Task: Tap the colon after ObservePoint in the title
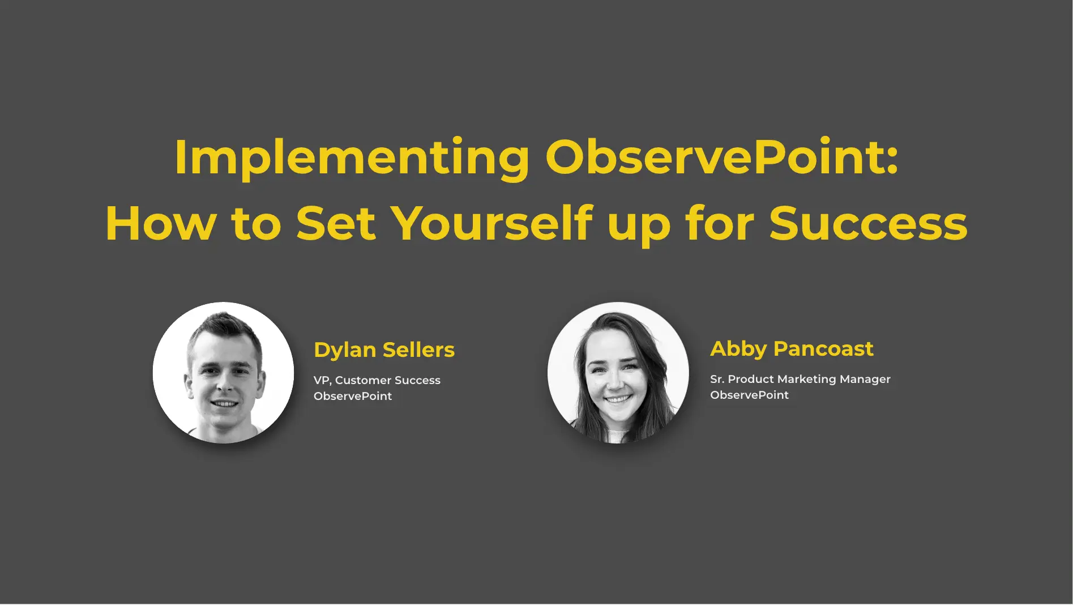click(892, 160)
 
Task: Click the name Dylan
click(345, 351)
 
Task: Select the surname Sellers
click(419, 350)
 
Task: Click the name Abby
click(738, 350)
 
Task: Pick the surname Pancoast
click(824, 349)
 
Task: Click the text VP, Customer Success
click(377, 380)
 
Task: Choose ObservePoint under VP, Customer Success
click(353, 396)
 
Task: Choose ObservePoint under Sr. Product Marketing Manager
click(750, 395)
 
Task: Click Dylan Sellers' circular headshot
click(224, 373)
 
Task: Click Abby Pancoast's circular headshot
click(618, 373)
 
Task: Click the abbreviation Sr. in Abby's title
click(717, 379)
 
